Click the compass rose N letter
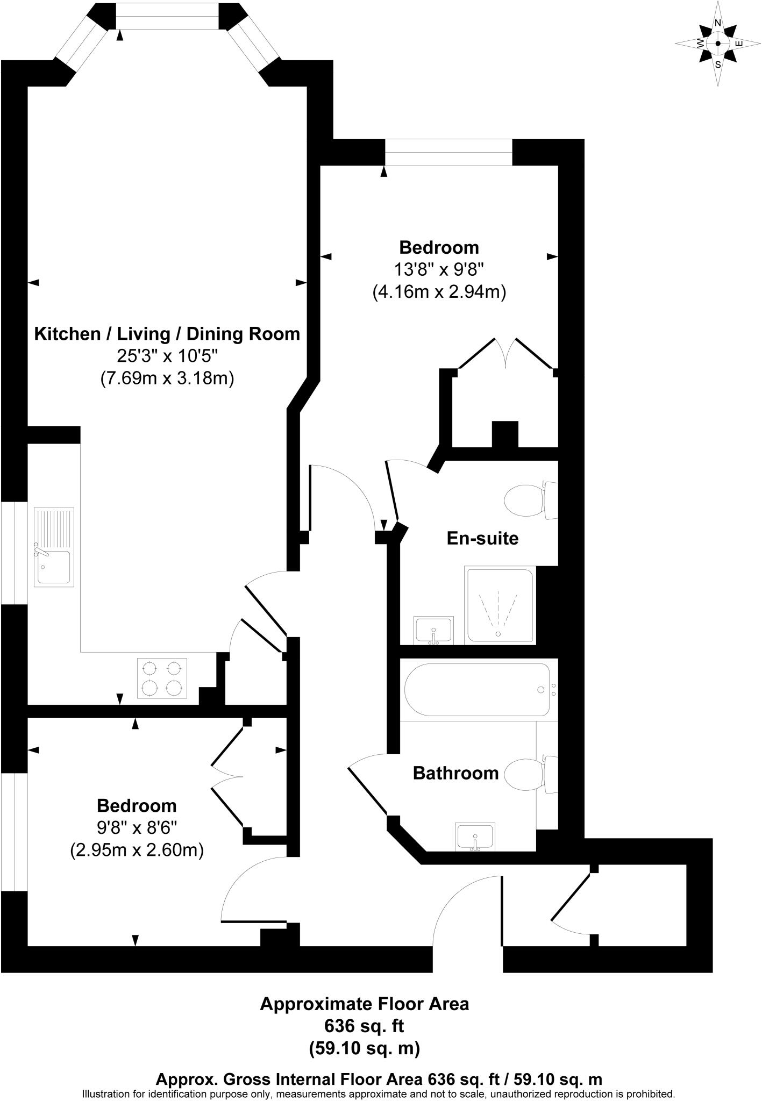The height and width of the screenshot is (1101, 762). tap(717, 23)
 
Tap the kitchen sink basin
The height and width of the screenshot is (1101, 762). tap(54, 567)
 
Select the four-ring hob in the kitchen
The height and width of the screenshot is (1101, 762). tap(162, 678)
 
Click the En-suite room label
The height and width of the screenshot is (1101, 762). tap(482, 538)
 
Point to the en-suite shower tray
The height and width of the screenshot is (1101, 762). tap(500, 605)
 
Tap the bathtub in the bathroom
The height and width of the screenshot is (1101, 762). tap(478, 690)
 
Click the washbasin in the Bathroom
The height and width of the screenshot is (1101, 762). tap(475, 837)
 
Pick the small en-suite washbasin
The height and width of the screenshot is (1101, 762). tap(434, 630)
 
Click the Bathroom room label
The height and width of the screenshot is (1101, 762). tap(455, 773)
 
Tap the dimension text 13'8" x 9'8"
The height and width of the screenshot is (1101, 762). tap(439, 270)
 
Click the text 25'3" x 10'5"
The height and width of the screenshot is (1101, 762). tap(167, 356)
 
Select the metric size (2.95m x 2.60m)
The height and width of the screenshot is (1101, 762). tap(137, 850)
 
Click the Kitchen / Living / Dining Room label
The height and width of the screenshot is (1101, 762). tap(167, 334)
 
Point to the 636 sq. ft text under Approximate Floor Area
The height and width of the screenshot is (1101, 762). tap(364, 1026)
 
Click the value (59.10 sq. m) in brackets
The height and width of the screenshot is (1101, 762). tap(364, 1048)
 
